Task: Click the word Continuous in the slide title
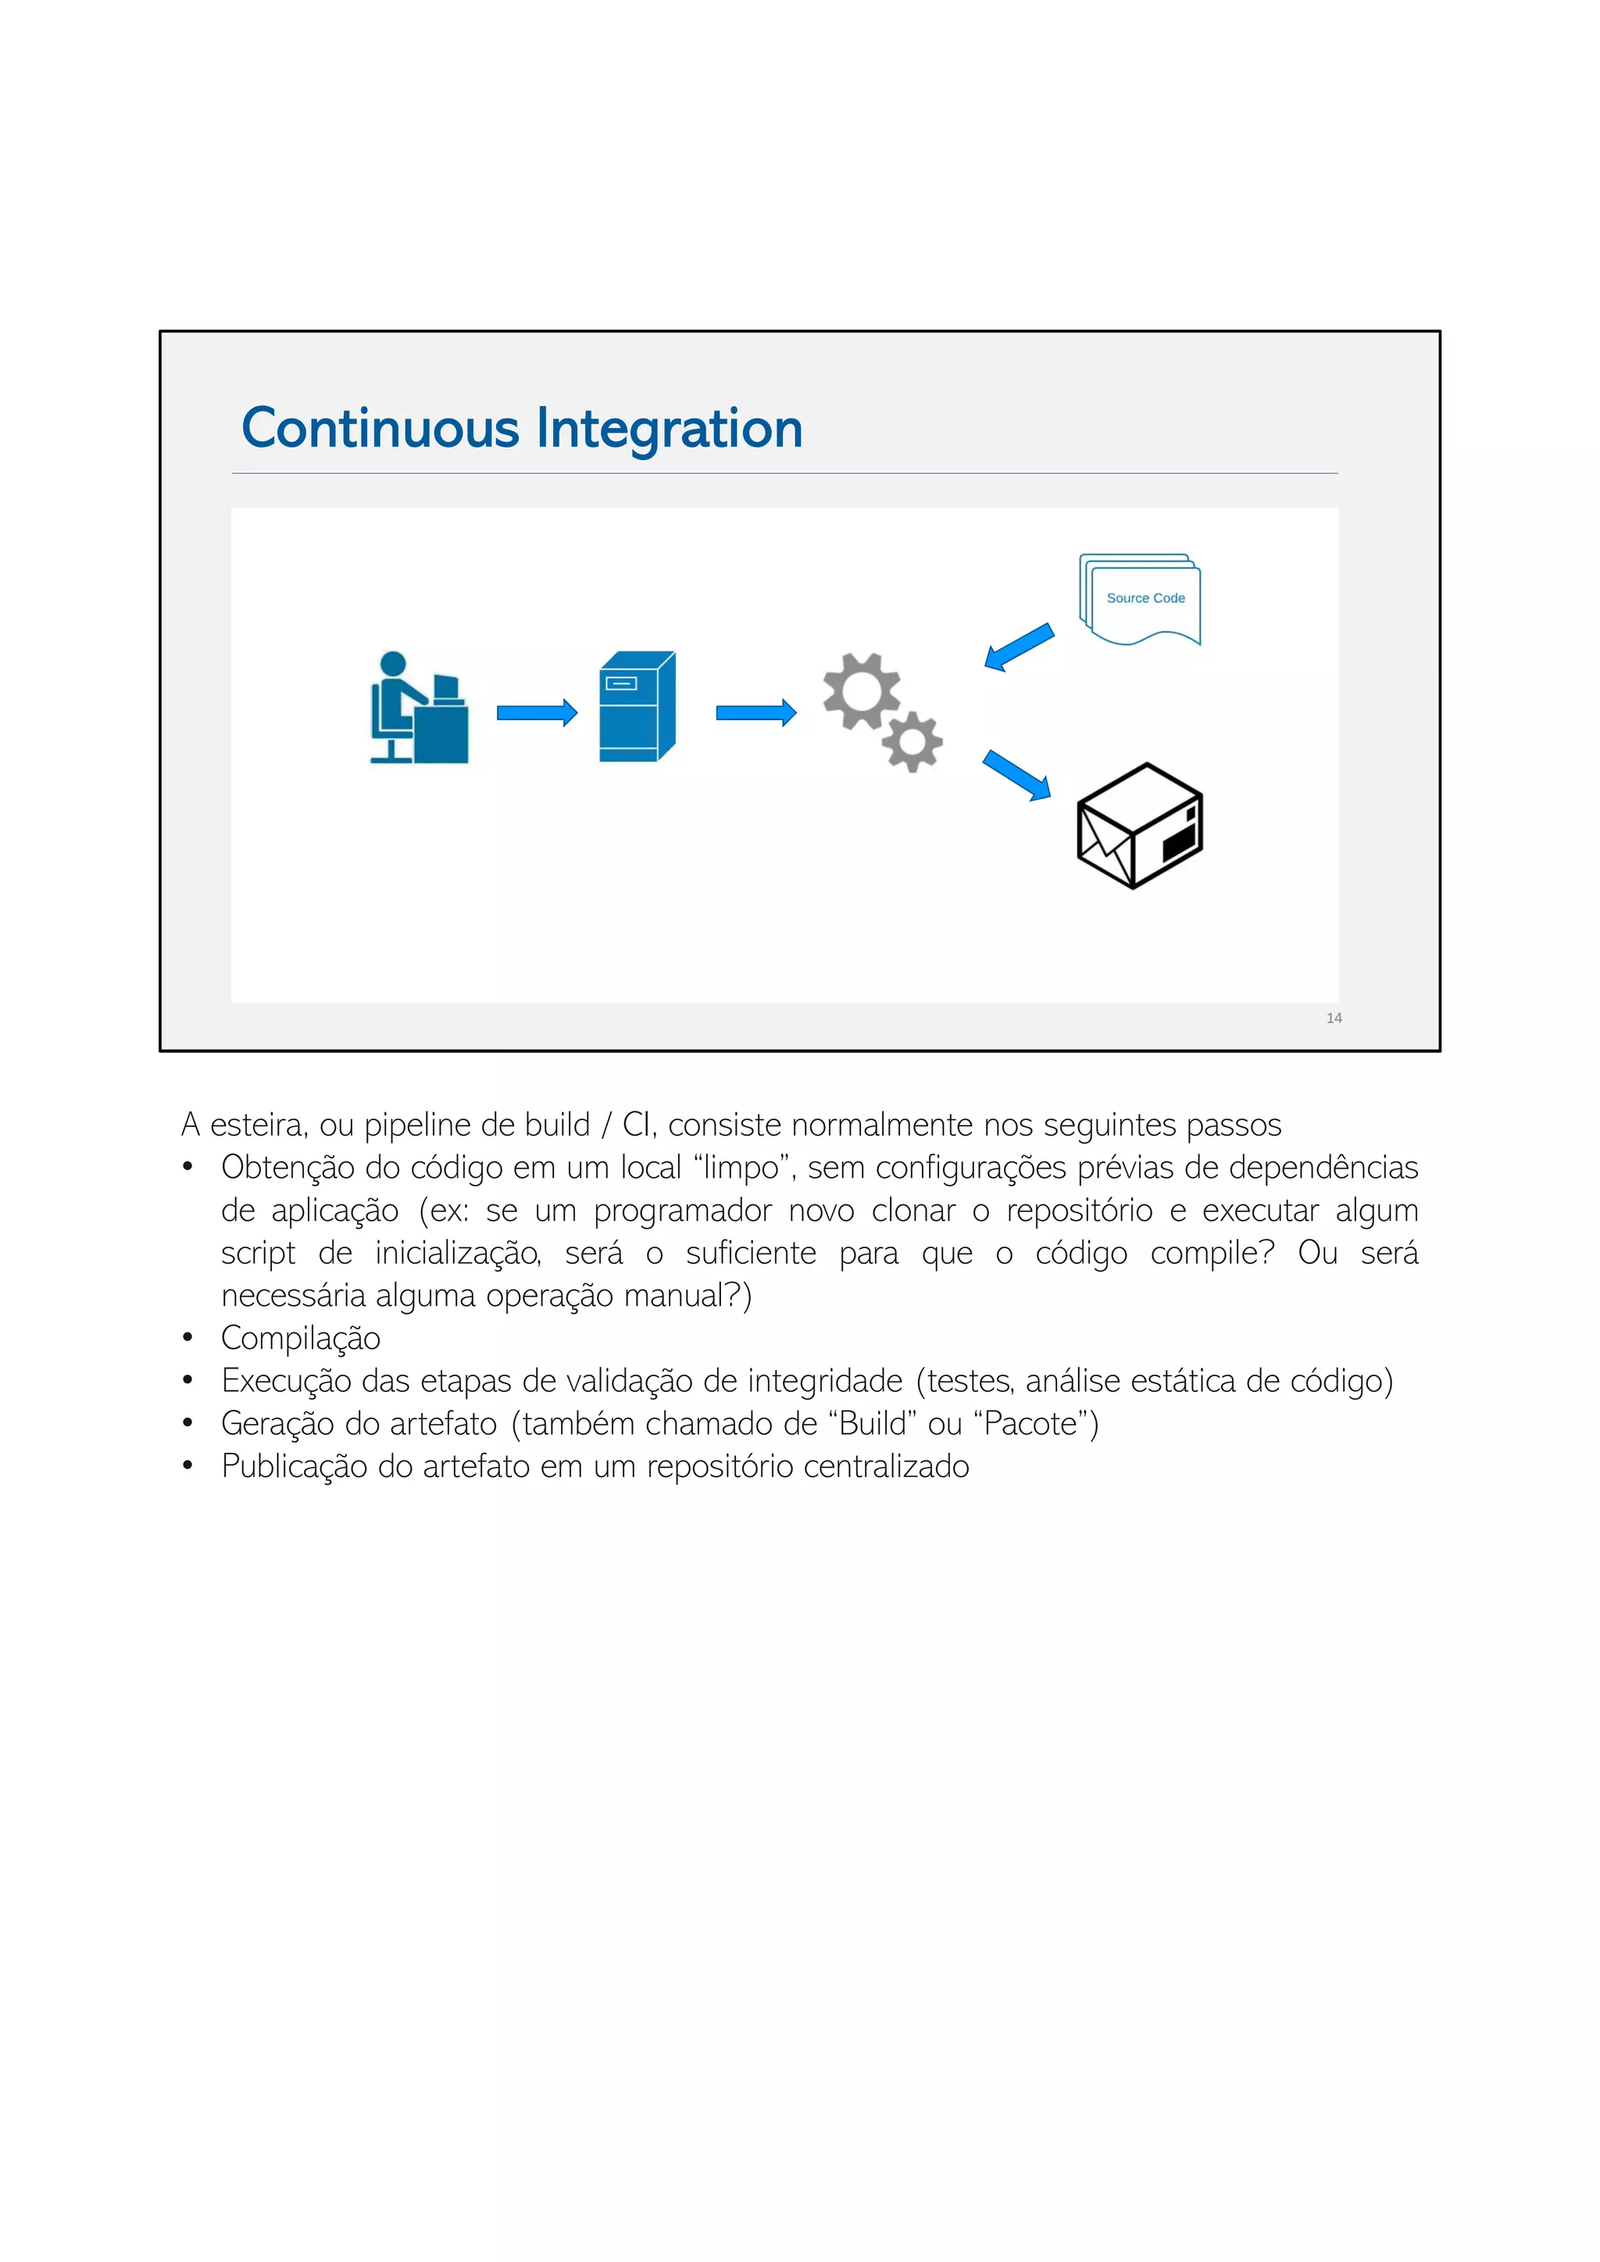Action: click(x=380, y=429)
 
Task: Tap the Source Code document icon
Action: click(x=1141, y=599)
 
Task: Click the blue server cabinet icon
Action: click(x=637, y=706)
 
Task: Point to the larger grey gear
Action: click(x=860, y=690)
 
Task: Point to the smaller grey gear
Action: click(x=912, y=741)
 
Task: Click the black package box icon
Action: click(x=1139, y=826)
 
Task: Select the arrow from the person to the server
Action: click(x=537, y=712)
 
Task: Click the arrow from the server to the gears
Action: click(x=755, y=712)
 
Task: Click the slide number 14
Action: click(x=1334, y=1018)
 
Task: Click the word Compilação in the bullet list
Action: click(x=301, y=1338)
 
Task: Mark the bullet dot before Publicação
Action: click(x=187, y=1467)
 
